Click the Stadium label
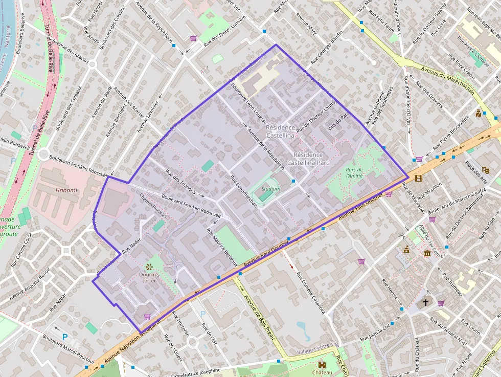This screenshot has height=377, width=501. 270,189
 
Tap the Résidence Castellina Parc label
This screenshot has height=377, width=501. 305,159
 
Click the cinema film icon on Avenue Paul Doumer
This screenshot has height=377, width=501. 419,178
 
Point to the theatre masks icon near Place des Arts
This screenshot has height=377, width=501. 485,170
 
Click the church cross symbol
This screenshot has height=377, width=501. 425,303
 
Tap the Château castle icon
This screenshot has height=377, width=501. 322,365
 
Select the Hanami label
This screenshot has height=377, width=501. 65,190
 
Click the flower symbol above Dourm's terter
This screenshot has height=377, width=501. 149,266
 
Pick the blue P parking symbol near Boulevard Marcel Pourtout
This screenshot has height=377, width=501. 64,337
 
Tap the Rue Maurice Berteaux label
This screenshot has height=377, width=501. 222,246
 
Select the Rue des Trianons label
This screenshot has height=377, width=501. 180,181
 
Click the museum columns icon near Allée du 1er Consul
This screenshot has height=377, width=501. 427,254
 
